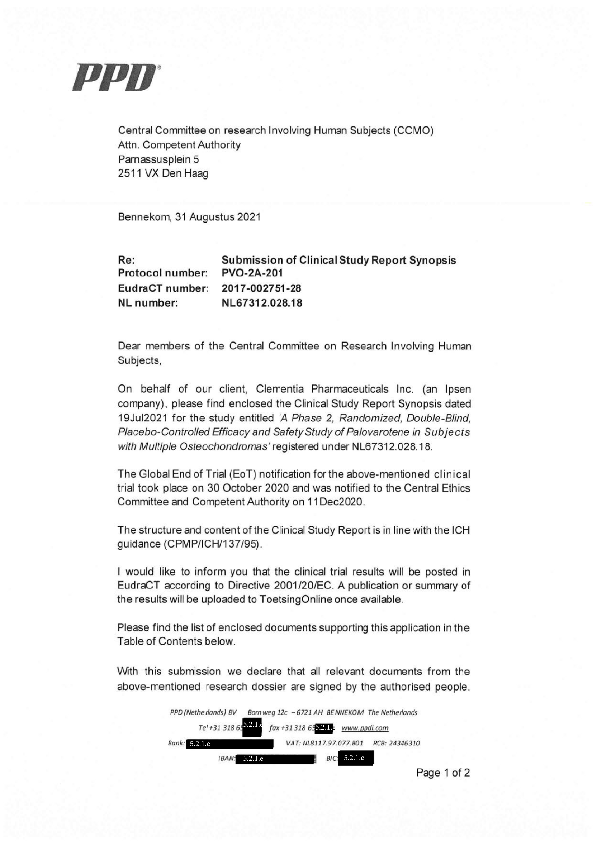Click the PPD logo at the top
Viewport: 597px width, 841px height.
pyautogui.click(x=115, y=77)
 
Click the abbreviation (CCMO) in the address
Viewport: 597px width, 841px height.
pyautogui.click(x=413, y=131)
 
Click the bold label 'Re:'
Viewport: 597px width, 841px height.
pyautogui.click(x=127, y=261)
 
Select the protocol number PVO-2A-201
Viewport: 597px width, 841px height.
pyautogui.click(x=252, y=273)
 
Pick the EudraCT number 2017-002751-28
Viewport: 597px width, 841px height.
pyautogui.click(x=261, y=288)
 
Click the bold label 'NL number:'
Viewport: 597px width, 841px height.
pyautogui.click(x=148, y=303)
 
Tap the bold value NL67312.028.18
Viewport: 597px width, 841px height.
pyautogui.click(x=262, y=303)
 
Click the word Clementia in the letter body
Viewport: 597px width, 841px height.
pyautogui.click(x=281, y=389)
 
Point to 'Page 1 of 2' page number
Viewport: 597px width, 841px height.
pyautogui.click(x=442, y=773)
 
